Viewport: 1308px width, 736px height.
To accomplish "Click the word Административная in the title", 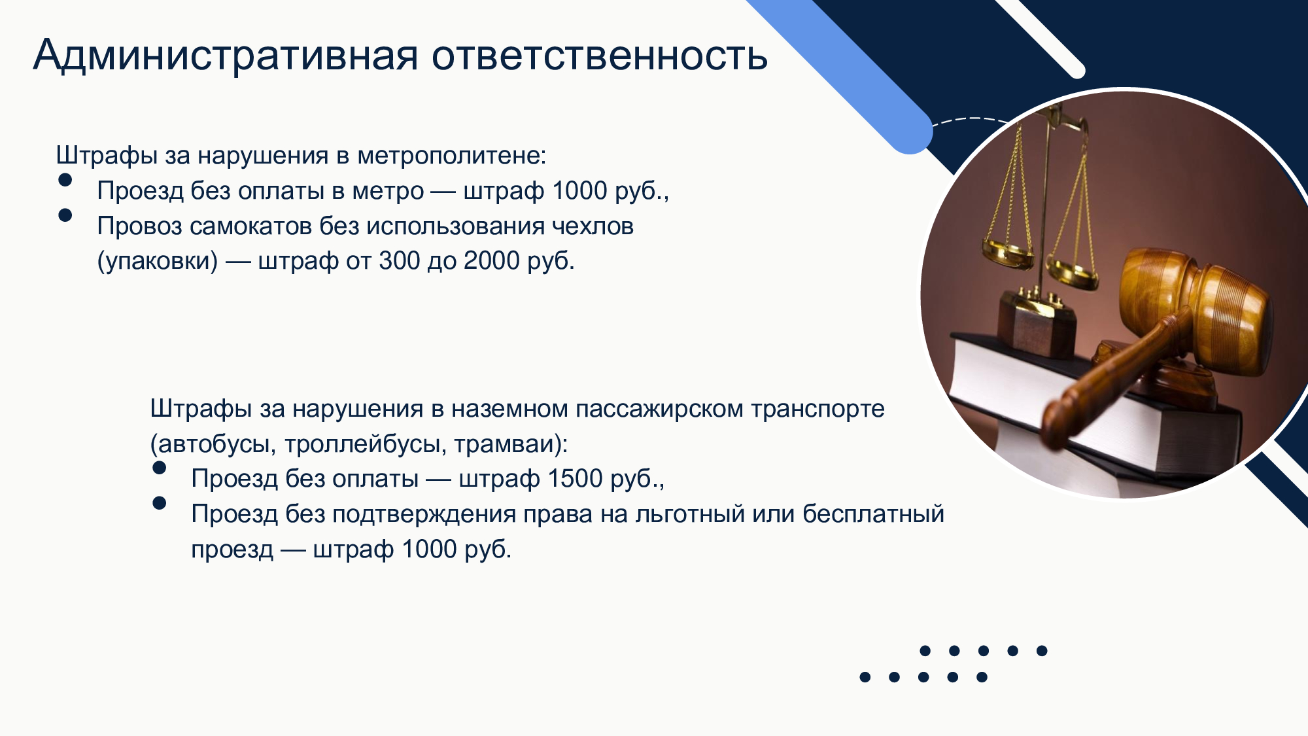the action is pyautogui.click(x=226, y=55).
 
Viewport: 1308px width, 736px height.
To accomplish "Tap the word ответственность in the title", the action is pyautogui.click(x=600, y=56).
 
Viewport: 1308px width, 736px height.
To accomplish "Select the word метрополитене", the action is pyautogui.click(x=451, y=156).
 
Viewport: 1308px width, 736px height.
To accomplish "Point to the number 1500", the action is pyautogui.click(x=576, y=478).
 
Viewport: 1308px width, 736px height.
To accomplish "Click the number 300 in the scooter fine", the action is pyautogui.click(x=399, y=260).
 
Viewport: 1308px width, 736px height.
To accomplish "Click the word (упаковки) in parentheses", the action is pyautogui.click(x=158, y=261).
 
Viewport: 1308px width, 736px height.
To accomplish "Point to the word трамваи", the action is pyautogui.click(x=508, y=444).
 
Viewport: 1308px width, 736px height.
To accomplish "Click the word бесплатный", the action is pyautogui.click(x=874, y=514).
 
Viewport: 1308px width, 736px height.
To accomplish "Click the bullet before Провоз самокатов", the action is pyautogui.click(x=65, y=215).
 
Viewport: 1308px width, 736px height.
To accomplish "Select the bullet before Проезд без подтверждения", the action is pyautogui.click(x=159, y=502).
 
